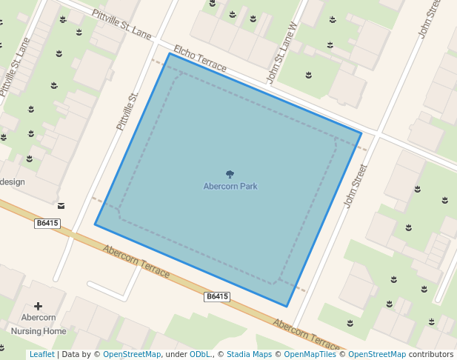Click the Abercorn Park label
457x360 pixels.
point(230,187)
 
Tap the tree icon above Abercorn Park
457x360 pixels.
point(230,176)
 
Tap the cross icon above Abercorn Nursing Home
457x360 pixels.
point(39,306)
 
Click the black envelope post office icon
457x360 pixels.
point(61,205)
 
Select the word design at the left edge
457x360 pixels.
point(13,182)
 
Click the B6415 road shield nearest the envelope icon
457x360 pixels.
point(47,223)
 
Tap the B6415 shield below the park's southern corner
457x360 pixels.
point(217,296)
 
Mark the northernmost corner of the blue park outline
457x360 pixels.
point(170,53)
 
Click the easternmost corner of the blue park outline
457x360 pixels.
point(361,133)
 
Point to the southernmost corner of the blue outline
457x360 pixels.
point(287,306)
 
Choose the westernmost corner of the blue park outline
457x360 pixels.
point(95,224)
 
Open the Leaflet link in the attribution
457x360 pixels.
point(41,355)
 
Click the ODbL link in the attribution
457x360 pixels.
point(200,355)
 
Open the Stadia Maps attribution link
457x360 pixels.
point(249,355)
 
